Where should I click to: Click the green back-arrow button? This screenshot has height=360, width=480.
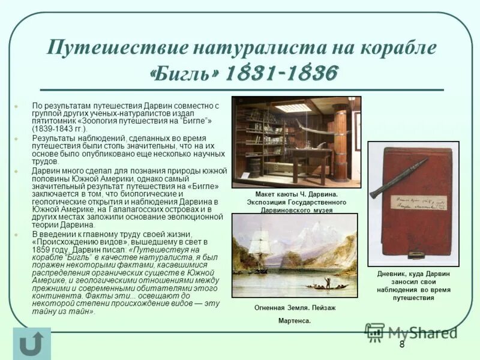click(31, 344)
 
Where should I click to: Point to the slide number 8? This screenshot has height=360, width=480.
click(401, 344)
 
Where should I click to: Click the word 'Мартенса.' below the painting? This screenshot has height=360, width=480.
click(295, 321)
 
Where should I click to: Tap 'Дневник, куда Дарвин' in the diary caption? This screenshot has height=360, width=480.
click(413, 274)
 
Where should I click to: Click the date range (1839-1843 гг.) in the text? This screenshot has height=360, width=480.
click(59, 128)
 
